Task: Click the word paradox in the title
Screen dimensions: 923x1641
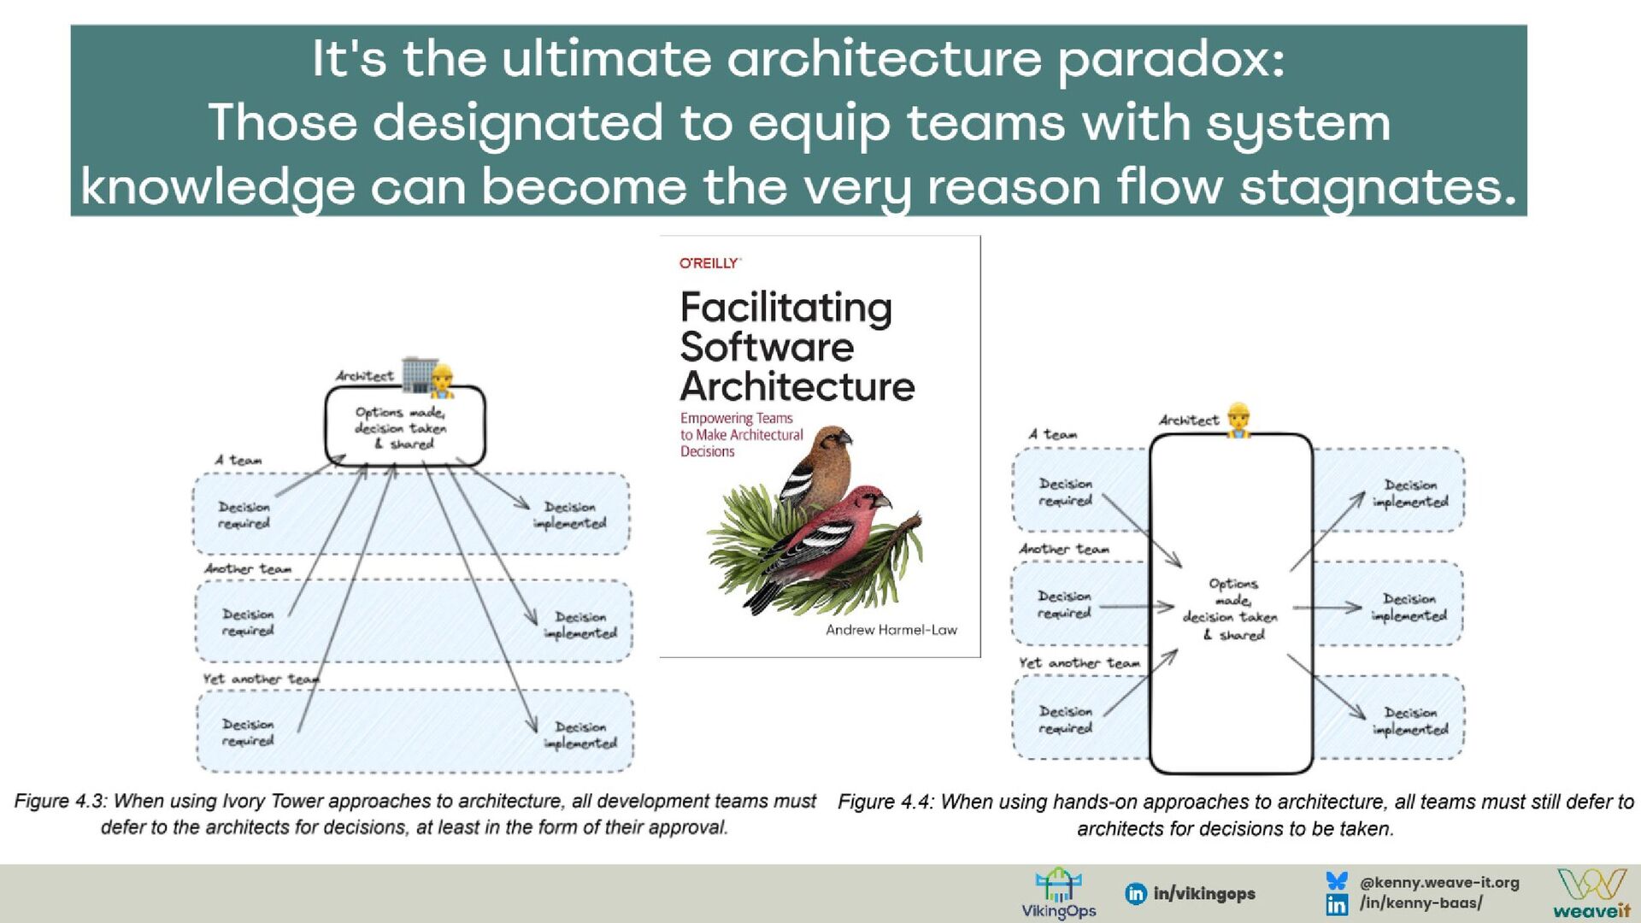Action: point(1170,60)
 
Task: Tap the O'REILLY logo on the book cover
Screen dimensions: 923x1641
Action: point(709,263)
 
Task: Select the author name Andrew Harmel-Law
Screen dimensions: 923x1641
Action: point(891,630)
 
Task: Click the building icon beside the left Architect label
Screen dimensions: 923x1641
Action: point(418,374)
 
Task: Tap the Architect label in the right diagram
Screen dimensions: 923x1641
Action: point(1189,420)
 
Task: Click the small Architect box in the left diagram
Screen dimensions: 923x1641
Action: point(404,426)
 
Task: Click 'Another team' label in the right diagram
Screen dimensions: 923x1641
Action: point(1064,549)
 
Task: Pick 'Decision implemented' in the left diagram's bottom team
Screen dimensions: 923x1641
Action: point(581,735)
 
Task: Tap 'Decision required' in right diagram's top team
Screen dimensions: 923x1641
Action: point(1065,492)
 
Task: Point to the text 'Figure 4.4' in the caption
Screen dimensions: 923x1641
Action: point(885,802)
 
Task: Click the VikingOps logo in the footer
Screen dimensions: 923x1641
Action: point(1058,893)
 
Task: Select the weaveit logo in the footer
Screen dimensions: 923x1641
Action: point(1591,894)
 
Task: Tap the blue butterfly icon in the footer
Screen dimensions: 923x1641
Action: point(1337,881)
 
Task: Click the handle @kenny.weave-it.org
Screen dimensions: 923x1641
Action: point(1439,882)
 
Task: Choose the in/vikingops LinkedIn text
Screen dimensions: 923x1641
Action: point(1203,894)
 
